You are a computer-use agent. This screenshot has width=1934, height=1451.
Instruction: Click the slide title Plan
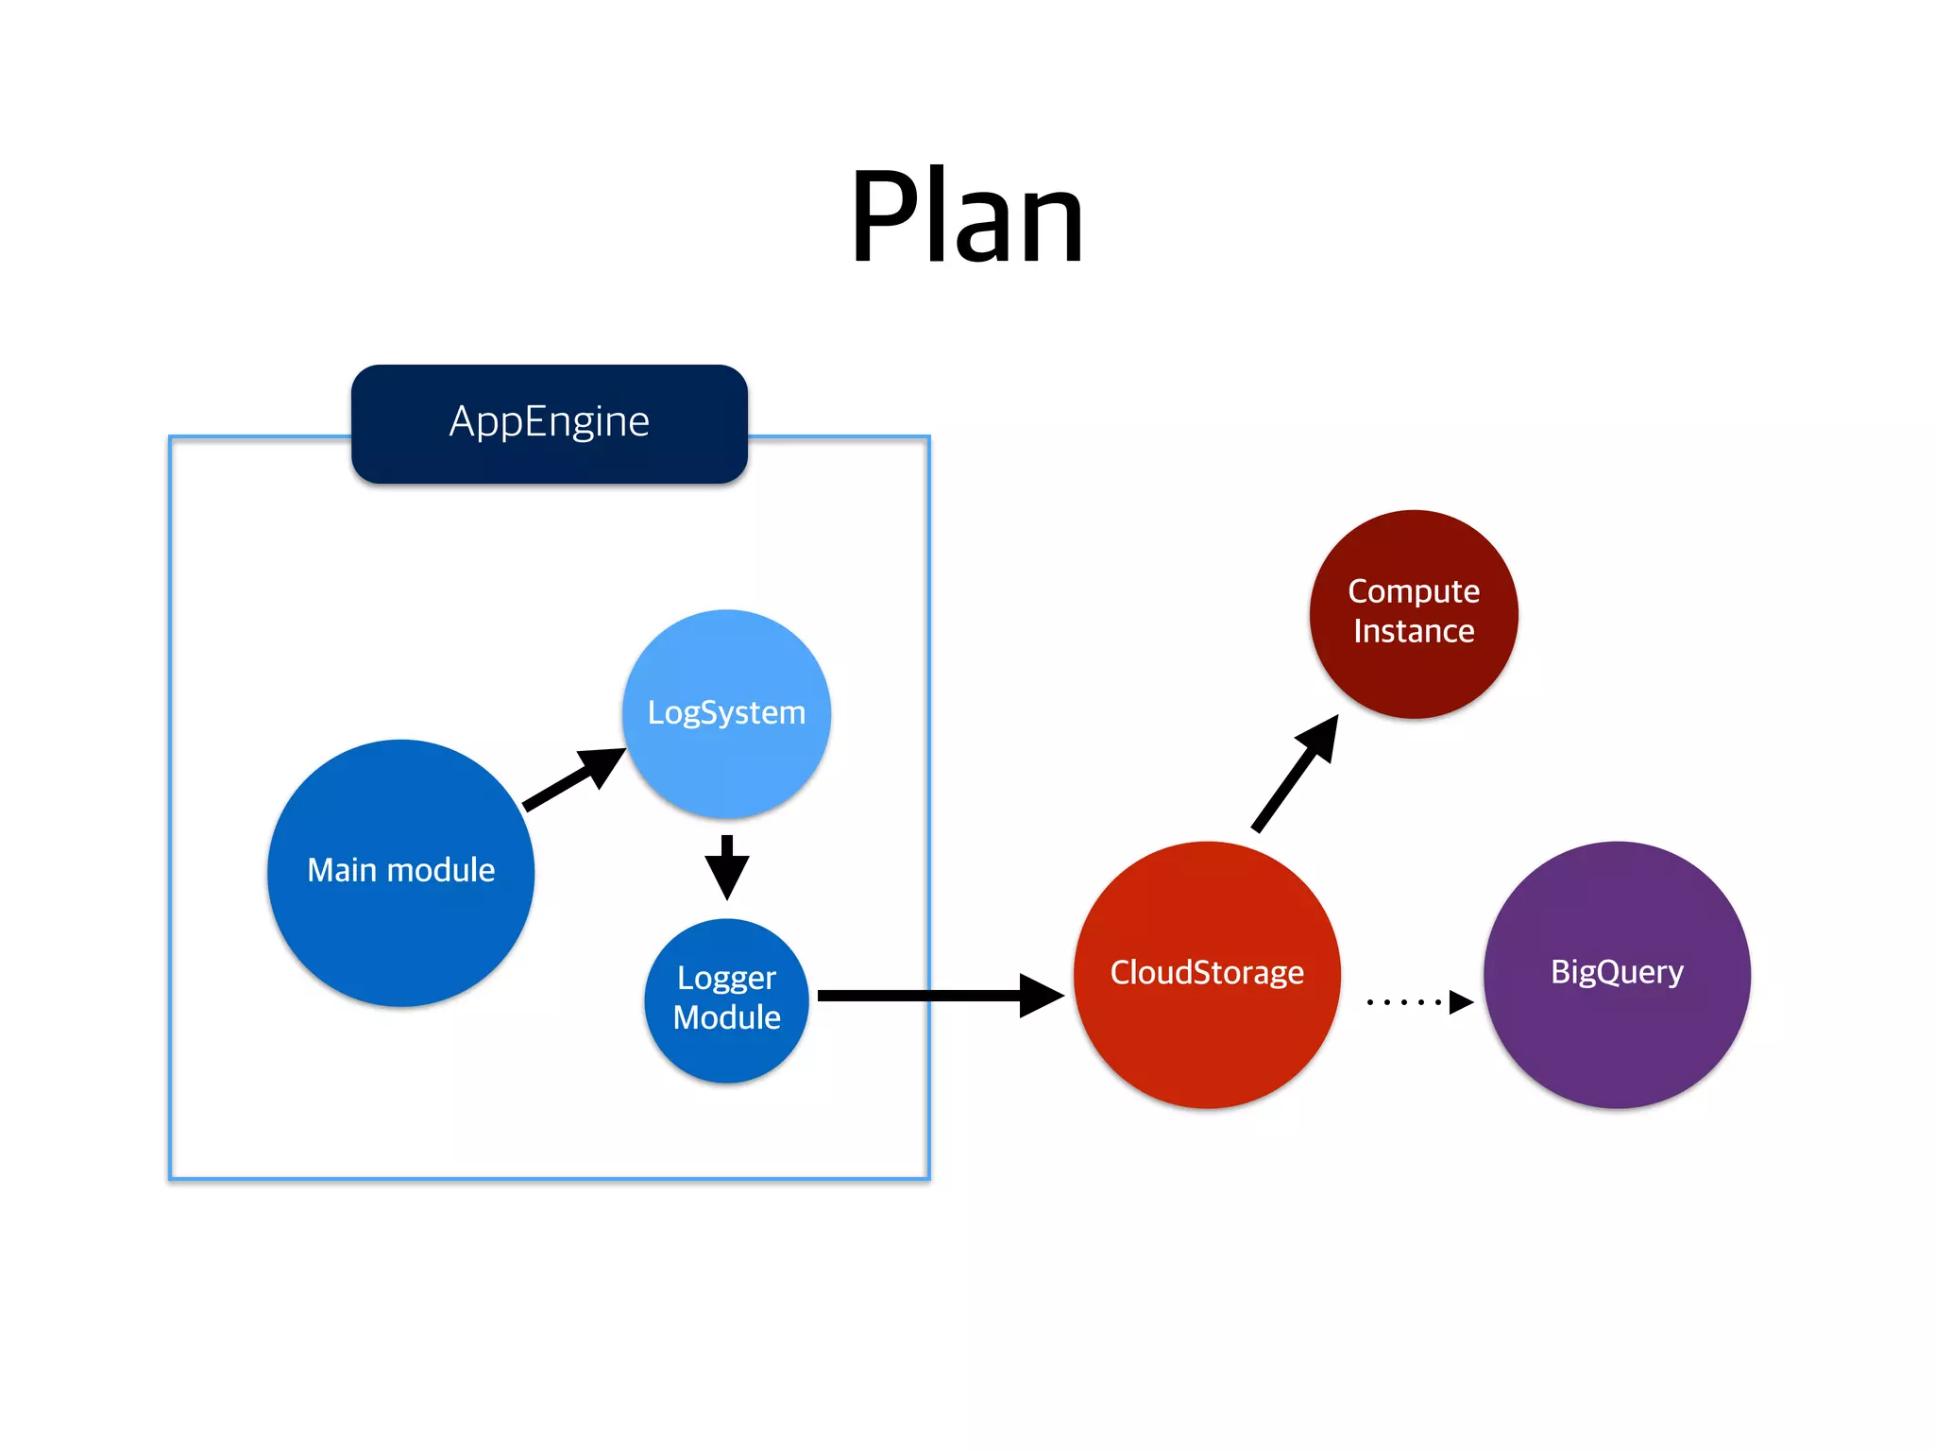point(966,217)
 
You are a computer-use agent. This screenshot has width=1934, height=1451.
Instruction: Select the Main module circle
point(400,907)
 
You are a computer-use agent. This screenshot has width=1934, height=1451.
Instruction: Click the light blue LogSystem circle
point(726,746)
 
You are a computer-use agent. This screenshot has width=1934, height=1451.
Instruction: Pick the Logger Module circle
point(726,1039)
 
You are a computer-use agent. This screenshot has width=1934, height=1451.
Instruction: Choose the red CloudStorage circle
point(1206,1020)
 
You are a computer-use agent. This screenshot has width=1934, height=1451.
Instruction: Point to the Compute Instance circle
point(1413,661)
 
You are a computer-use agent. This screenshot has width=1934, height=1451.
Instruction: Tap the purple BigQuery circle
point(1616,1020)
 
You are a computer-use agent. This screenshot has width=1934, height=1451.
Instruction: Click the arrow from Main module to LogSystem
point(572,780)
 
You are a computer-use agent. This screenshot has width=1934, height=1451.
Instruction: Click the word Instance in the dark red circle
point(1413,631)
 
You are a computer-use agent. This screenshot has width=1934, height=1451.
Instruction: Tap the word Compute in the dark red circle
point(1413,591)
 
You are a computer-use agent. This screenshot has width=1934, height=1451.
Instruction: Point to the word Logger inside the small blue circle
point(726,979)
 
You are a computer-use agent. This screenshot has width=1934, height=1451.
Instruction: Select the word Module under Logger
point(726,1017)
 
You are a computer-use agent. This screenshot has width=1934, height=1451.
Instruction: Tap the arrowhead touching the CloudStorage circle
point(1041,996)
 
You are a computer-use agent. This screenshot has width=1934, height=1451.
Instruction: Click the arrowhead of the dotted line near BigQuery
point(1460,1001)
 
